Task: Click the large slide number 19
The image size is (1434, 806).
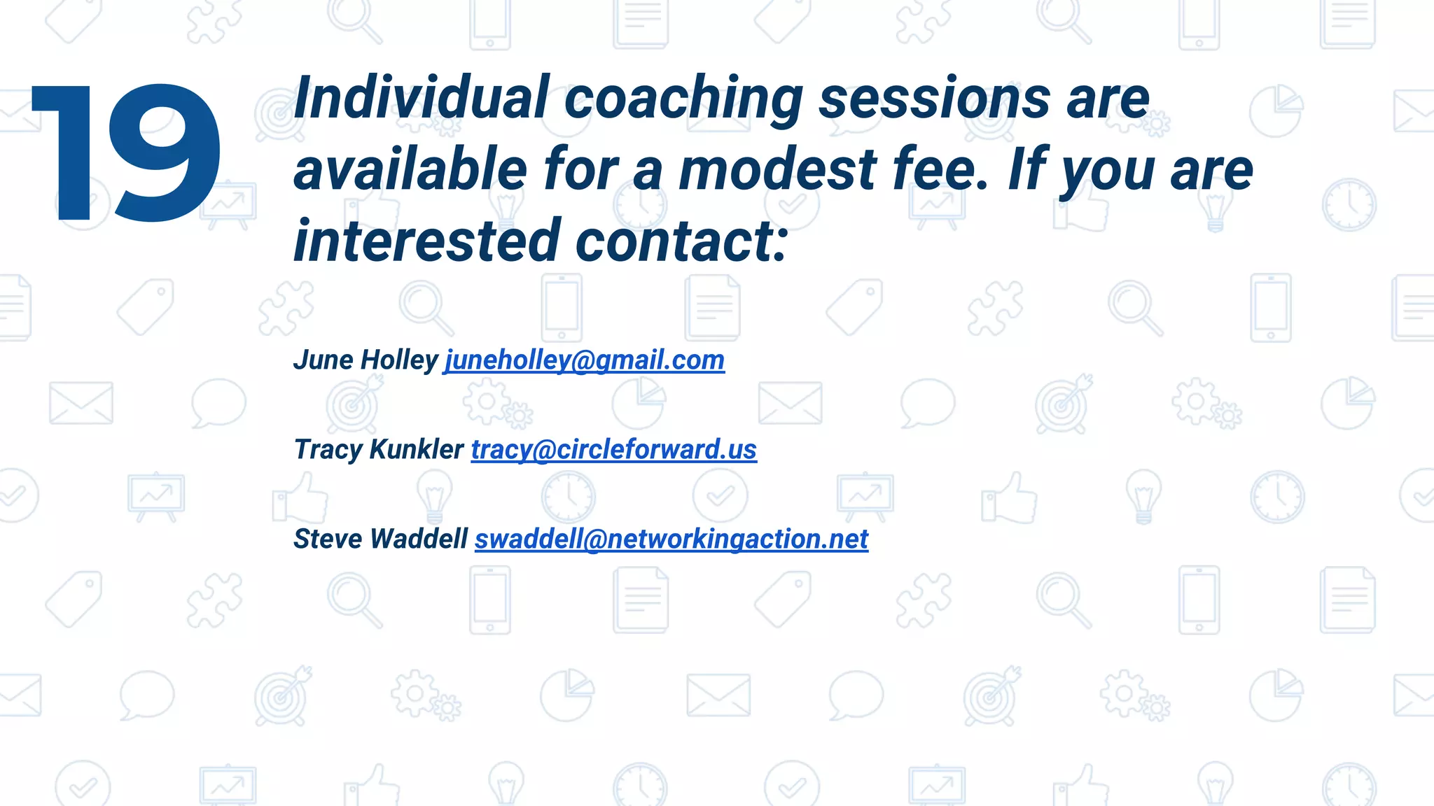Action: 126,153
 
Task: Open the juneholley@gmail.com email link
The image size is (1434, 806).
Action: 584,360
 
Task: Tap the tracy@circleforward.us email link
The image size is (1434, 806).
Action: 613,450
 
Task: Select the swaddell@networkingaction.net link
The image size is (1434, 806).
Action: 671,539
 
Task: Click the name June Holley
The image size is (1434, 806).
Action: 366,360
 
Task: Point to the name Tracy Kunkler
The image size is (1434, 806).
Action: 378,450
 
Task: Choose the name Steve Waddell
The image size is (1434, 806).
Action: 380,539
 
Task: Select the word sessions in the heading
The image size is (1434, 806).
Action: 934,98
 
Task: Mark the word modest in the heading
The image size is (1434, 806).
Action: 777,170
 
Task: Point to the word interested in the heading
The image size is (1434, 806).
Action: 427,241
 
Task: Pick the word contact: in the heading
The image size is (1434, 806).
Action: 682,241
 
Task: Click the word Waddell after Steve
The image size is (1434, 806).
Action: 419,539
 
